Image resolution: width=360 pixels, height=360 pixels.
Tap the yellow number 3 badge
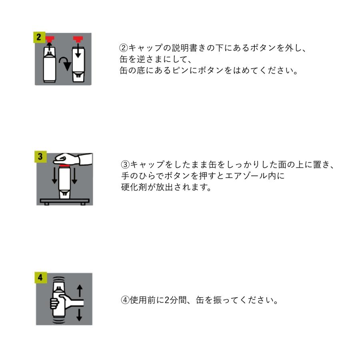coord(40,156)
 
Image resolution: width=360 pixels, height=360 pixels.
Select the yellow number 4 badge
coord(40,277)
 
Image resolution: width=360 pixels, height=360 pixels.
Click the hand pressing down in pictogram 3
coord(70,158)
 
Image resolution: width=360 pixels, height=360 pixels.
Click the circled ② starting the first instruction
coord(124,47)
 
